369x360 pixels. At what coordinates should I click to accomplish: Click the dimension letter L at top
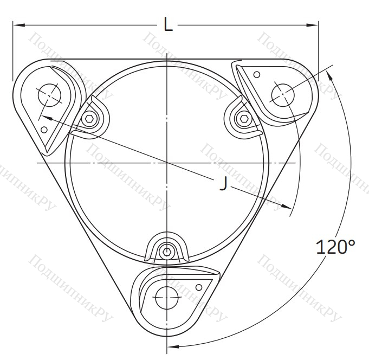(168, 25)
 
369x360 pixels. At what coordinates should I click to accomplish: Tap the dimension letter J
(224, 183)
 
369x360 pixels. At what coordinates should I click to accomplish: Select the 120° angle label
(335, 247)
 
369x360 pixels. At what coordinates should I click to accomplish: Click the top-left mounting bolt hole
(49, 95)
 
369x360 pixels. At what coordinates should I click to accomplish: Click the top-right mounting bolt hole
(283, 95)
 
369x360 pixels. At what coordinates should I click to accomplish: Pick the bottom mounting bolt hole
(167, 298)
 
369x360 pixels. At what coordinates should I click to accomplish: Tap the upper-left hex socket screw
(89, 119)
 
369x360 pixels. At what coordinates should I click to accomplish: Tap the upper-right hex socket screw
(243, 119)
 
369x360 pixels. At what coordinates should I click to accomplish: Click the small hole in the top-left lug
(44, 130)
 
